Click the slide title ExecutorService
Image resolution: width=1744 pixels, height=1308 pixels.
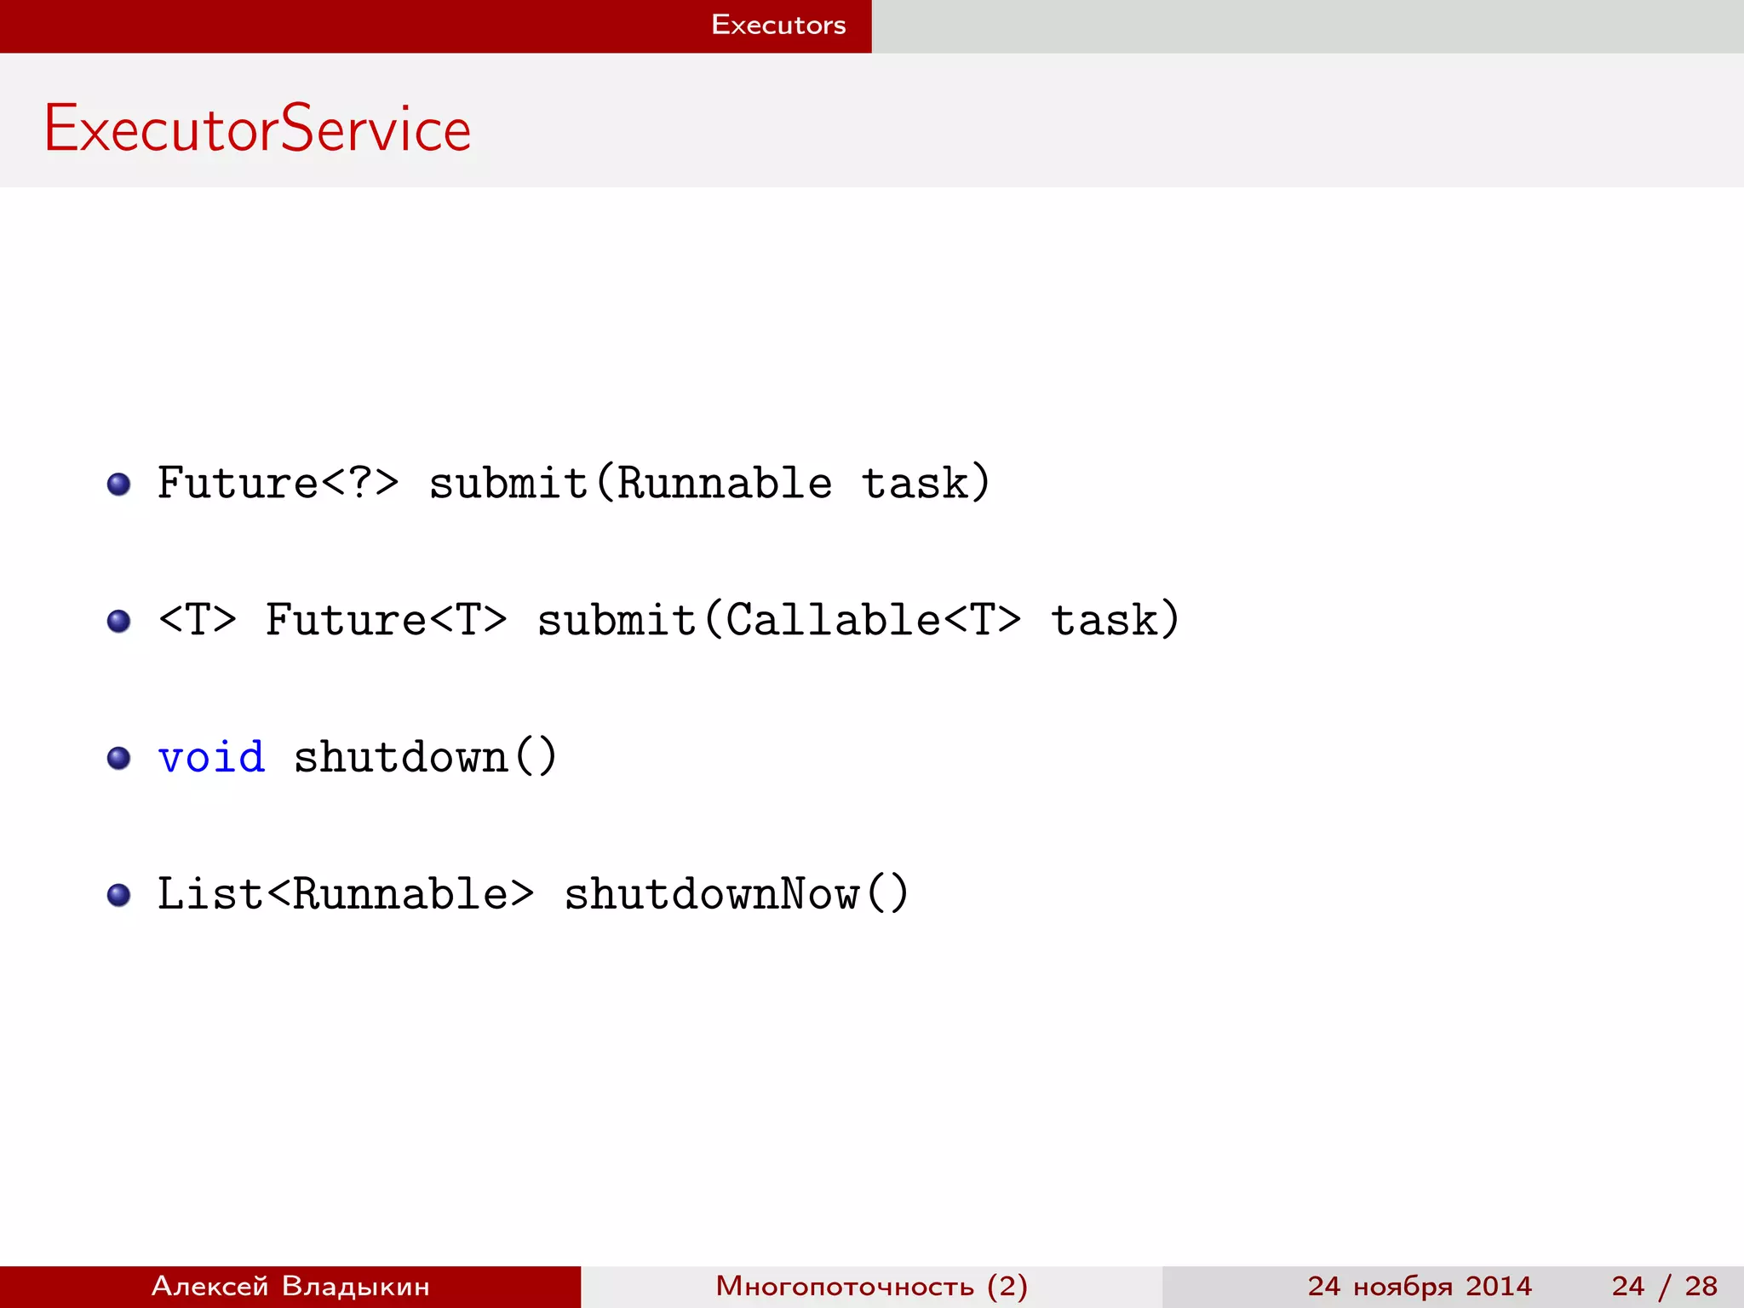coord(257,129)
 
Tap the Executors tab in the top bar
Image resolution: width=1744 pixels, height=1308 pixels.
coord(778,26)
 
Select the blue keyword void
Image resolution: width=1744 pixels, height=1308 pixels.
coord(211,757)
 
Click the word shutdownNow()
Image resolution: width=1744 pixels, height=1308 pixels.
coord(737,894)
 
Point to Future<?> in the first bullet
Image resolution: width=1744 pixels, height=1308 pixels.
coord(278,484)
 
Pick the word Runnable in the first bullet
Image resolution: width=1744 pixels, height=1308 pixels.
coord(724,484)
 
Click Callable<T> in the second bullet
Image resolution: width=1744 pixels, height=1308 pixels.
coord(873,620)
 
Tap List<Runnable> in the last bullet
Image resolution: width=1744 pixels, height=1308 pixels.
coord(346,894)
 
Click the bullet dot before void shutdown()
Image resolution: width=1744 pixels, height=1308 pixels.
coord(119,758)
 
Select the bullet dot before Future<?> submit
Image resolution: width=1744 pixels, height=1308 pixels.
coord(119,485)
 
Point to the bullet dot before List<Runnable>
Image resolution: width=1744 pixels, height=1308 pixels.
coord(119,895)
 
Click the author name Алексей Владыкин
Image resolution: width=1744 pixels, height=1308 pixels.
coord(290,1286)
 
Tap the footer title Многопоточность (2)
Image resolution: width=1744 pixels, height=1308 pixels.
coord(871,1286)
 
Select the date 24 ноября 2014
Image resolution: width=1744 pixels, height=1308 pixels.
coord(1420,1286)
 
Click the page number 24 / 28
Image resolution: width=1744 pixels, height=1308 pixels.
coord(1664,1286)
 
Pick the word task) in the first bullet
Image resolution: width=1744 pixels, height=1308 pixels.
coord(926,484)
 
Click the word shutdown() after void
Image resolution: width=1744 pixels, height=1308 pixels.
coord(426,757)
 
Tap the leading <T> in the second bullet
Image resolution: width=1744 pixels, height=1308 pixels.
coord(198,620)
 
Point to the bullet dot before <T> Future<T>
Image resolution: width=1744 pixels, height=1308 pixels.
coord(119,621)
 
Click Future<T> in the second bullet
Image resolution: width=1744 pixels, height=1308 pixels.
coord(387,620)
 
